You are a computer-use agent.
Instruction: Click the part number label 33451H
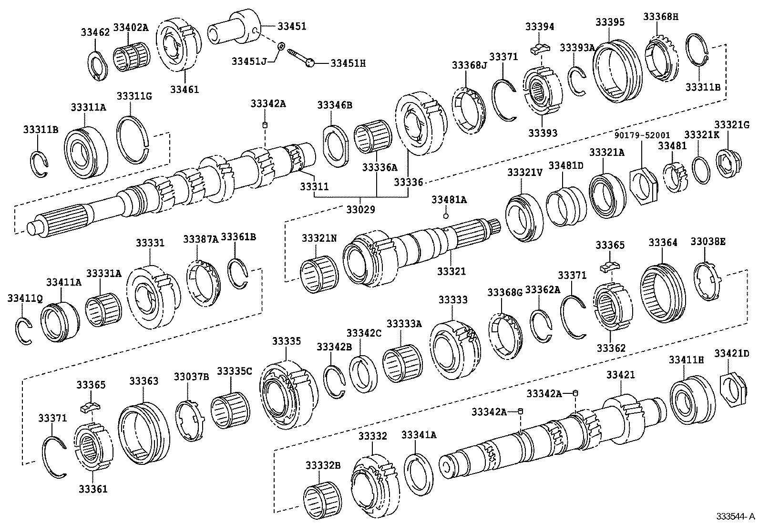(348, 63)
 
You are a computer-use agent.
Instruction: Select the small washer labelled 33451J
(281, 46)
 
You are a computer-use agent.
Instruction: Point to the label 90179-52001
(642, 135)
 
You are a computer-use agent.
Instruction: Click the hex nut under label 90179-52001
(644, 183)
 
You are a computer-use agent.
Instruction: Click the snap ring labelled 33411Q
(22, 330)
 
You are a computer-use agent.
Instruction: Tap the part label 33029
(361, 209)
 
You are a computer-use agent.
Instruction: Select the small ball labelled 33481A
(446, 216)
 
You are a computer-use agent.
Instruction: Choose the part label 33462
(95, 32)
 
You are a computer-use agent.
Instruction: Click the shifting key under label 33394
(540, 48)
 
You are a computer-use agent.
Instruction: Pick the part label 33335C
(235, 371)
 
